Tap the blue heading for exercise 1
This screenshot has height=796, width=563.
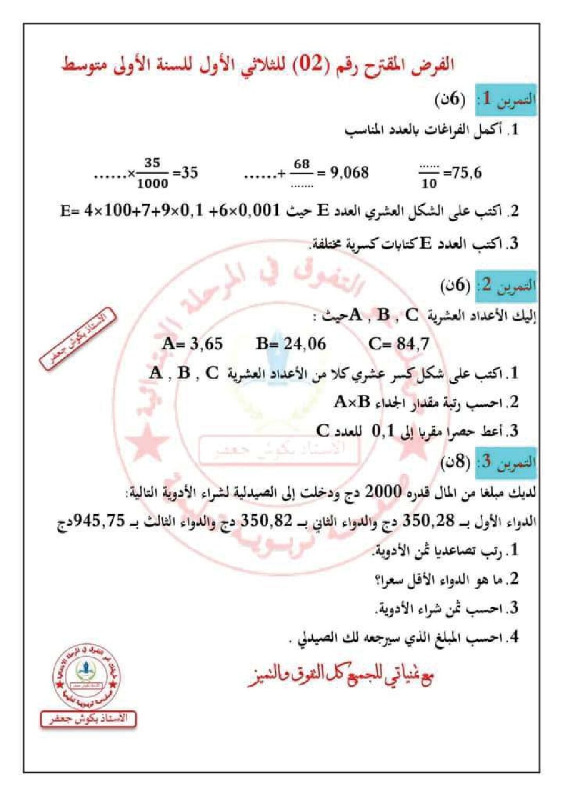[x=506, y=99]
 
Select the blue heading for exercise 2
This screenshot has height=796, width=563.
[x=506, y=286]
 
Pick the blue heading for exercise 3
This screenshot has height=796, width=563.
[x=506, y=462]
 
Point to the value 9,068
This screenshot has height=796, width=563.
[x=349, y=172]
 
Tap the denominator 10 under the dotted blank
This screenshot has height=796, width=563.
[x=428, y=183]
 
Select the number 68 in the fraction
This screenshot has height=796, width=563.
[x=301, y=164]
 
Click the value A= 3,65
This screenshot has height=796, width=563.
[x=192, y=343]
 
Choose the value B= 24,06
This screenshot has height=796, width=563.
[x=291, y=343]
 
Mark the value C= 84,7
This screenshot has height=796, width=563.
[x=399, y=343]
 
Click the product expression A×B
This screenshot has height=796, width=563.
[x=352, y=402]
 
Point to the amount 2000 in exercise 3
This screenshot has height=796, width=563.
[x=383, y=492]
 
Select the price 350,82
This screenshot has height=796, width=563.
[x=267, y=521]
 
